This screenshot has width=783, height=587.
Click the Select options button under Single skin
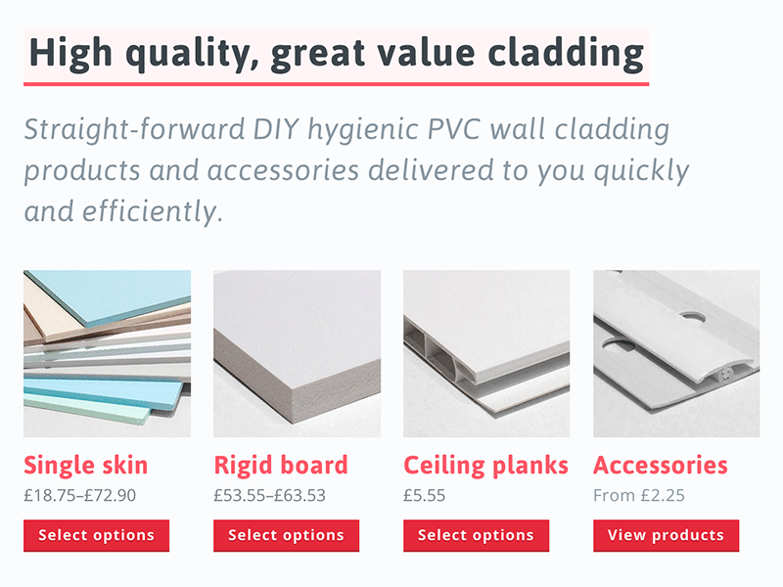point(96,535)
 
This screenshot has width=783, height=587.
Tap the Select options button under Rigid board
point(286,535)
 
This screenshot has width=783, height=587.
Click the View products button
point(667,535)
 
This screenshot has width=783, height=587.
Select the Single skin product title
point(86,466)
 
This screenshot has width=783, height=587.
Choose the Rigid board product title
point(281,466)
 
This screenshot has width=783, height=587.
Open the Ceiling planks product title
point(485,466)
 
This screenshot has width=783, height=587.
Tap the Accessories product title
point(660,466)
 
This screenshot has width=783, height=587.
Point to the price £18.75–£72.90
point(80,495)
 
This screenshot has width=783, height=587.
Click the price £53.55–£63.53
point(270,495)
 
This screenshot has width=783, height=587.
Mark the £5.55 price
point(425,495)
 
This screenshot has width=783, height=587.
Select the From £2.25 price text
point(639,495)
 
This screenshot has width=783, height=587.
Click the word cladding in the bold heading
point(566,53)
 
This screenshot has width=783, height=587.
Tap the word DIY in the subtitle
point(276,129)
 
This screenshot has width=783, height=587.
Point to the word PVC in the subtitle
point(454,129)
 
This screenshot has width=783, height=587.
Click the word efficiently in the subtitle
point(153,211)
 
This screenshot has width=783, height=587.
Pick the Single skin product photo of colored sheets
point(107,354)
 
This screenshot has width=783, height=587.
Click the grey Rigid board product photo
point(298,354)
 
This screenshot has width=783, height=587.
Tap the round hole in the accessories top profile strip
point(692,317)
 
